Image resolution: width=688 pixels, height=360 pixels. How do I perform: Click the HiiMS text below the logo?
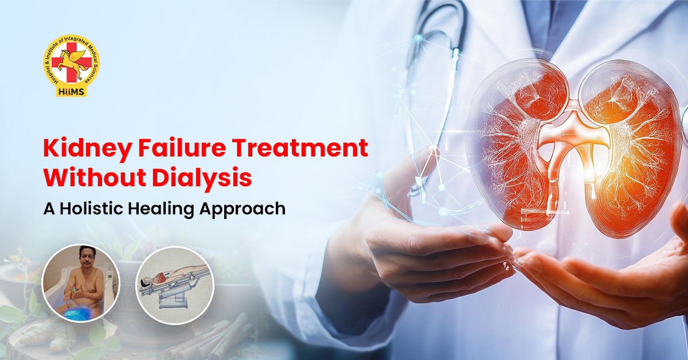coord(72,92)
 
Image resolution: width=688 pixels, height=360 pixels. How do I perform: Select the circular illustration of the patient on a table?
coord(174,285)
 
